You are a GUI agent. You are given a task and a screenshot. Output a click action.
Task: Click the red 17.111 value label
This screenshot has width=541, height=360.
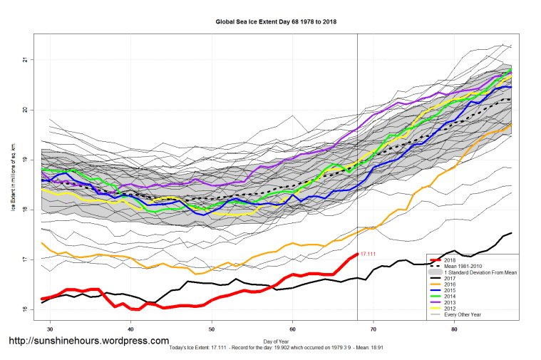click(x=369, y=254)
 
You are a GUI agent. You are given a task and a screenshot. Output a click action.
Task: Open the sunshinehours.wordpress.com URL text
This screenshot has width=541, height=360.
click(x=88, y=341)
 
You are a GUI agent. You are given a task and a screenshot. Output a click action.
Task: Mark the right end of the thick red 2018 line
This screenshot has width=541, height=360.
click(x=356, y=254)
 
